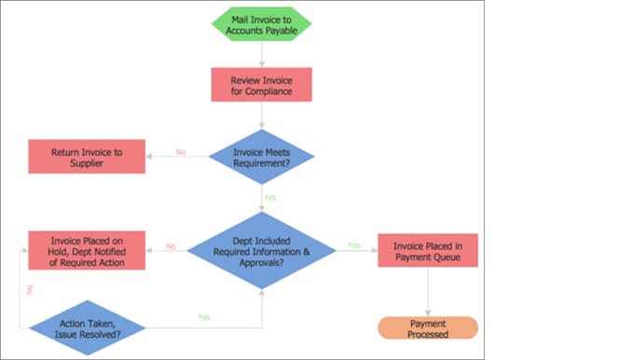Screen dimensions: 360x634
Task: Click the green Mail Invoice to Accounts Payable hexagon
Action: pyautogui.click(x=261, y=24)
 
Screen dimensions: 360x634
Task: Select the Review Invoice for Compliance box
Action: pyautogui.click(x=261, y=85)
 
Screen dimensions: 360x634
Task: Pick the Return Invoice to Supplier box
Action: pyautogui.click(x=87, y=156)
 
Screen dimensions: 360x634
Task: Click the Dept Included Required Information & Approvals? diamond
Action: pyautogui.click(x=261, y=250)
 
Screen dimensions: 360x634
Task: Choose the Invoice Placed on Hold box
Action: pyautogui.click(x=87, y=250)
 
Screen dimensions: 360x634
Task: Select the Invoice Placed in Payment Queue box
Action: pyautogui.click(x=427, y=250)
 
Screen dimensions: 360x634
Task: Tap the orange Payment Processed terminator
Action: pyautogui.click(x=427, y=328)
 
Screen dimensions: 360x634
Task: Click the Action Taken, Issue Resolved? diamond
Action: pyautogui.click(x=87, y=327)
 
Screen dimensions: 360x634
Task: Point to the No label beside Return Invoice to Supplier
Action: pyautogui.click(x=181, y=152)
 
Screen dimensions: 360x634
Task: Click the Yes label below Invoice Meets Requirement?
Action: pyautogui.click(x=269, y=198)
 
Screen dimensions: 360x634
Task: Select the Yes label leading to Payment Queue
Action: pyautogui.click(x=354, y=245)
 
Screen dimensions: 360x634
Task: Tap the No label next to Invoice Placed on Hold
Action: pyautogui.click(x=172, y=246)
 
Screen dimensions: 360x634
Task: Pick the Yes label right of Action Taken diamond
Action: pyautogui.click(x=203, y=317)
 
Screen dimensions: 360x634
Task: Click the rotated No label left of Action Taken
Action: pyautogui.click(x=31, y=290)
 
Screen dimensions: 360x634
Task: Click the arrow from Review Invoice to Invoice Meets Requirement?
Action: pyautogui.click(x=261, y=115)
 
